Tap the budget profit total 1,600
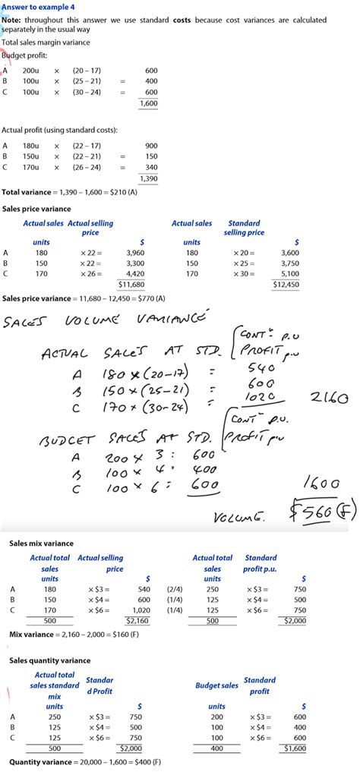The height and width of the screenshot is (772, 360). point(148,103)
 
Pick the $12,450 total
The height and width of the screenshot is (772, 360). point(286,283)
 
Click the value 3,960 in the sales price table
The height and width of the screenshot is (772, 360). point(134,253)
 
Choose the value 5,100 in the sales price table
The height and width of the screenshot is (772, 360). point(289,273)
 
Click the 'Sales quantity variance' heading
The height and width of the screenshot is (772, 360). point(49,660)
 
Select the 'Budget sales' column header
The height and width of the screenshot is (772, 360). point(216,685)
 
